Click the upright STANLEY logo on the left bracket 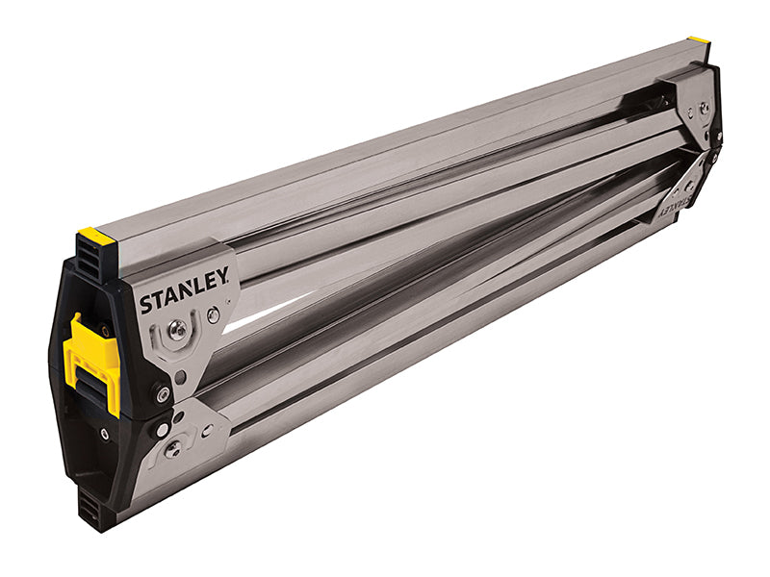184,291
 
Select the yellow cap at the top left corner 96,235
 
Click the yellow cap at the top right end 698,40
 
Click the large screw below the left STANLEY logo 177,330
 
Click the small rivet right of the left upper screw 213,314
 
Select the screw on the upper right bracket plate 704,109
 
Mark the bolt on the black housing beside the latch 163,393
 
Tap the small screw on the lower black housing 104,434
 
